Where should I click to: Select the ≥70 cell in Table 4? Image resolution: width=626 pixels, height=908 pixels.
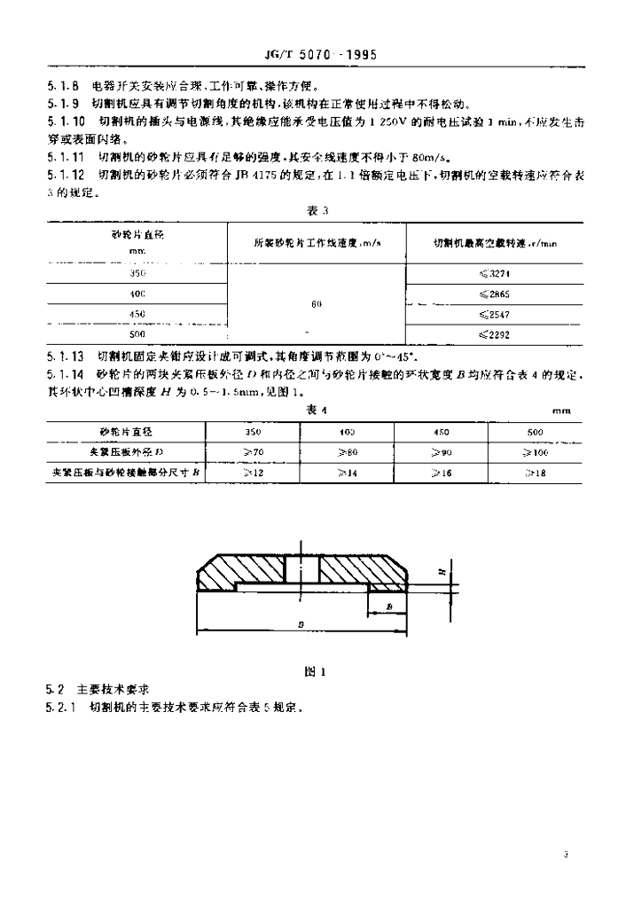[254, 452]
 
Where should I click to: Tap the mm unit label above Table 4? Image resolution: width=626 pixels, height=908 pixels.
[559, 411]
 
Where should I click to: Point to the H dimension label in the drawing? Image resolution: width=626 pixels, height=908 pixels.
[440, 573]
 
